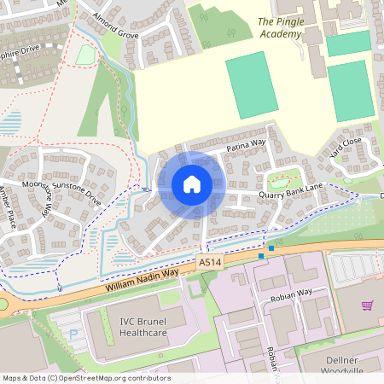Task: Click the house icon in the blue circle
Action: pyautogui.click(x=191, y=184)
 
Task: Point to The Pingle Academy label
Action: pyautogui.click(x=279, y=28)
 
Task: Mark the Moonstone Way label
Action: pyautogui.click(x=38, y=201)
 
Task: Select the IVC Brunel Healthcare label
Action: pyautogui.click(x=137, y=327)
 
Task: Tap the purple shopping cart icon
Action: pyautogui.click(x=368, y=305)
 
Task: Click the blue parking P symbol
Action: pyautogui.click(x=73, y=334)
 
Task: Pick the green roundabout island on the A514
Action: pyautogui.click(x=3, y=305)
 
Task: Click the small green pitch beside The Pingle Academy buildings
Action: pyautogui.click(x=348, y=44)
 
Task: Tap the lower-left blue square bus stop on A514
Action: pyautogui.click(x=261, y=255)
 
